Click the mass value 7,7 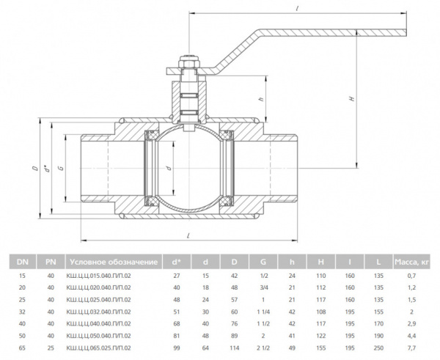coord(412,348)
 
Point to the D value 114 coord(235,348)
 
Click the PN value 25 coord(51,348)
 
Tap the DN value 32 coord(23,312)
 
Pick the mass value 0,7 coord(412,276)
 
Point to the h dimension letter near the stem coord(260,99)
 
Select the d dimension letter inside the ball coord(169,169)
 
